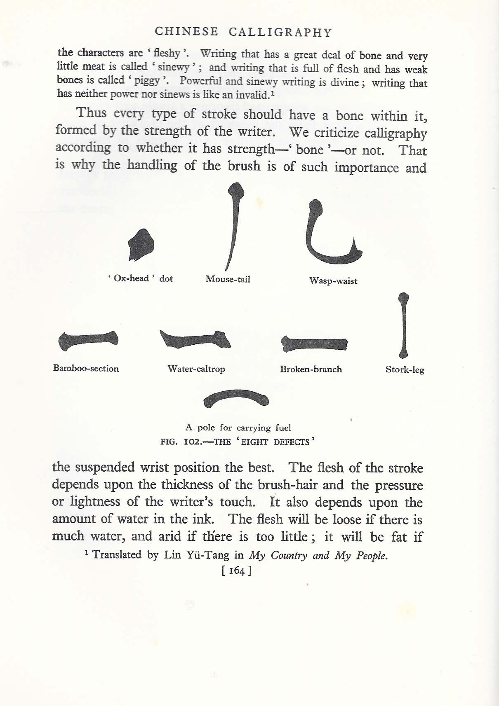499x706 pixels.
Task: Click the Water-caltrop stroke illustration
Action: [195, 340]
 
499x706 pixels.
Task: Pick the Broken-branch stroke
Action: [314, 344]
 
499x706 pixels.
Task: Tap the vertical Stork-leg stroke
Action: [404, 325]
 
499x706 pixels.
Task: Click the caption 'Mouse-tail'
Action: [228, 279]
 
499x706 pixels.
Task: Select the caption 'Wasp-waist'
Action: [333, 281]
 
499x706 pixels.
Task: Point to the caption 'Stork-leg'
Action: [405, 369]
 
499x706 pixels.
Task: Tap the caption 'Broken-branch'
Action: [311, 369]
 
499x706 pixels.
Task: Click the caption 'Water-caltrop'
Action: [196, 369]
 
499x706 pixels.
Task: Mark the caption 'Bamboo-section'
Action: [86, 368]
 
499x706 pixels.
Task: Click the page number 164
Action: [236, 570]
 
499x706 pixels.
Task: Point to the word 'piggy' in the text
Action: [147, 80]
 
